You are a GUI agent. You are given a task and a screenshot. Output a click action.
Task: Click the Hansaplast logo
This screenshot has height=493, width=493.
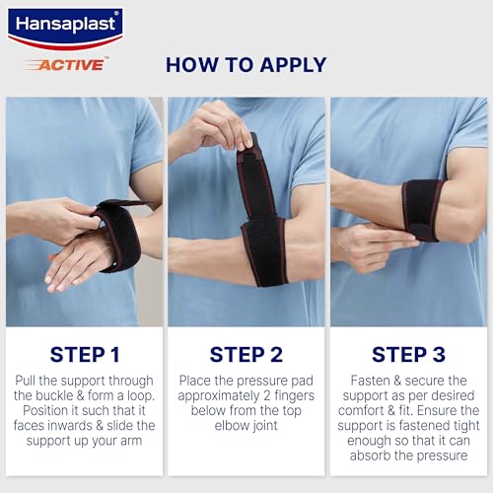(x=65, y=29)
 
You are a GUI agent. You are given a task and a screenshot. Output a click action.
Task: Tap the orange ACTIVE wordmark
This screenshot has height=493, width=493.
(x=70, y=64)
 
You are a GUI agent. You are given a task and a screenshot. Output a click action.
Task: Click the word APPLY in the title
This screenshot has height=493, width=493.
(x=293, y=65)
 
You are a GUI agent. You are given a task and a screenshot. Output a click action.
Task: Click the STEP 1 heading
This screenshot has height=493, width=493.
(x=85, y=355)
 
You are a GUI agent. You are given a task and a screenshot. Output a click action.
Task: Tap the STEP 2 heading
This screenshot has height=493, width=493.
(x=246, y=355)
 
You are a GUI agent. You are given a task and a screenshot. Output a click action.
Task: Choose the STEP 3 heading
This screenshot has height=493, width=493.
(x=408, y=355)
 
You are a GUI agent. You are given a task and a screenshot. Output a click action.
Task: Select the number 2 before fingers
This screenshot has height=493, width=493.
(x=267, y=395)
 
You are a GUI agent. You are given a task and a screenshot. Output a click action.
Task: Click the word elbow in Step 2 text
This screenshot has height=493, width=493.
(x=229, y=426)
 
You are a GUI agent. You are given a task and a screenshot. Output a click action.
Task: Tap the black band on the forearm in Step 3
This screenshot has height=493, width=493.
(x=421, y=210)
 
